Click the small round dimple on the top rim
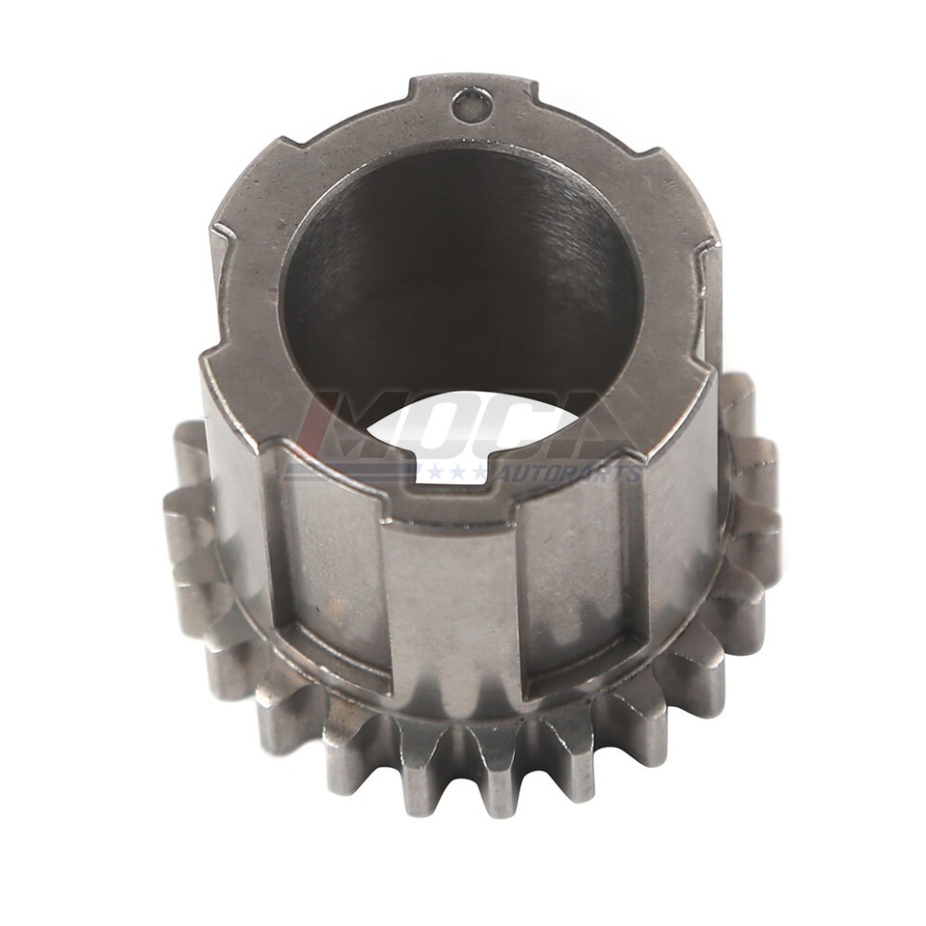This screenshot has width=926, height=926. pyautogui.click(x=472, y=106)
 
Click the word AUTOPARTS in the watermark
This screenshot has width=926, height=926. pyautogui.click(x=566, y=472)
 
